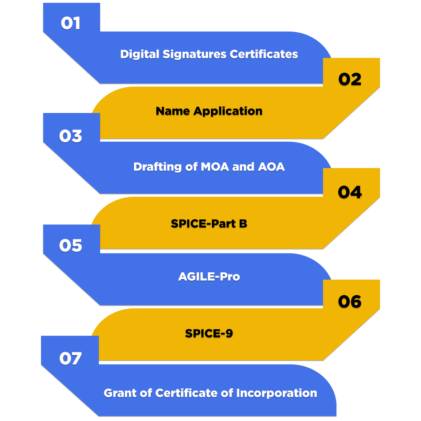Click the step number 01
pos(71,23)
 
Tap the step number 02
pos(350,79)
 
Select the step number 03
pos(71,136)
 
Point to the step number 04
pos(350,192)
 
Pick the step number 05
pos(71,246)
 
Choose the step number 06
pos(350,302)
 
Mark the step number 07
pos(71,359)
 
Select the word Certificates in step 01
pos(264,54)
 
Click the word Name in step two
pos(173,111)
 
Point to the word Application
pos(228,112)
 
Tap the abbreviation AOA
pos(271,167)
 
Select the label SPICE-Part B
pos(209,223)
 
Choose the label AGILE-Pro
pos(209,277)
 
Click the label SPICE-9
pos(209,333)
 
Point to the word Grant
pos(120,393)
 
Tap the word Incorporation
pos(276,394)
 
